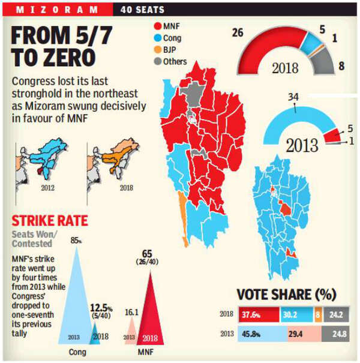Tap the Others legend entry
tap(170, 61)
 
